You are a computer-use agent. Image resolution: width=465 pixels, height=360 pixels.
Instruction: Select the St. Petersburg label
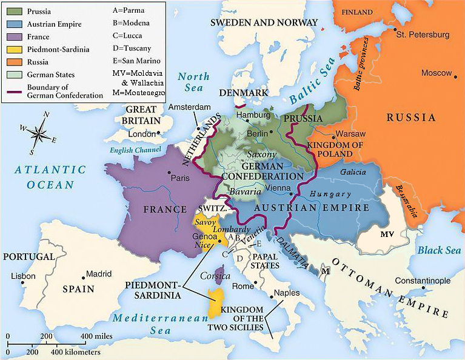[x=423, y=35]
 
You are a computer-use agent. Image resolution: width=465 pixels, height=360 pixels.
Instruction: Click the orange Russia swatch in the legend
[x=15, y=62]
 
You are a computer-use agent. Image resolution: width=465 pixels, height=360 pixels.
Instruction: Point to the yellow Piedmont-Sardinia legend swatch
[x=15, y=49]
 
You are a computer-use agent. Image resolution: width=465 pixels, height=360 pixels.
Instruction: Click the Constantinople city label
[x=423, y=281]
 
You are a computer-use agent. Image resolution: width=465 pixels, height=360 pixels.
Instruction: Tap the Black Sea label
[x=438, y=250]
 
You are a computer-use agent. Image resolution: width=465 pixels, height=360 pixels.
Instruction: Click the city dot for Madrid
[x=82, y=274]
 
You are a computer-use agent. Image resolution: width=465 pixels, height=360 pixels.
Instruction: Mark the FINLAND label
[x=358, y=12]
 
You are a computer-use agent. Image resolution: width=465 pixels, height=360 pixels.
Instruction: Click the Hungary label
[x=330, y=194]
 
